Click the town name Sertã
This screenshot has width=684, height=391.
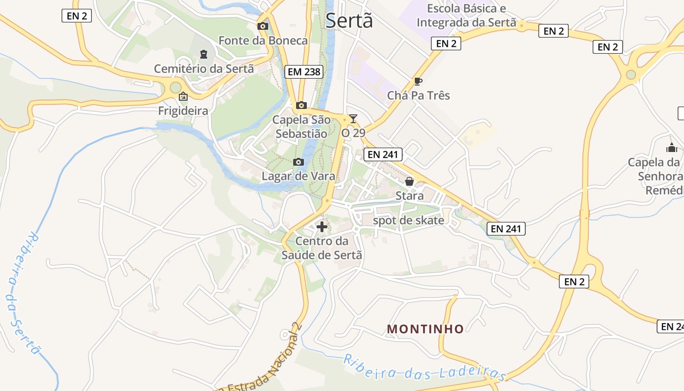(349, 21)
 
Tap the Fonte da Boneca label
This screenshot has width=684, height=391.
(263, 41)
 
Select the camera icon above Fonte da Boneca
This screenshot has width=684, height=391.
(263, 26)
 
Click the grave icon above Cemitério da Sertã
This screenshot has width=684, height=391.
(204, 54)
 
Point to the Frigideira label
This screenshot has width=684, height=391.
(183, 111)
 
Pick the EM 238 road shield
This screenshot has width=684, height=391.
(304, 72)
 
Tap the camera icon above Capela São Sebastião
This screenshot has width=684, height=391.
(301, 105)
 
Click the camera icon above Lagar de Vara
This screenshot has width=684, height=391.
(298, 162)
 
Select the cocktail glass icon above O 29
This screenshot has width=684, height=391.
(353, 119)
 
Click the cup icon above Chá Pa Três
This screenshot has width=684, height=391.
(418, 81)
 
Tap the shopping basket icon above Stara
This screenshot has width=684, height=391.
(409, 181)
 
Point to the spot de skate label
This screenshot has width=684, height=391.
(408, 220)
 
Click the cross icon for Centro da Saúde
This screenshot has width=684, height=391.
(322, 227)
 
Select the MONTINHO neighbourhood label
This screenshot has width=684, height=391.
(425, 329)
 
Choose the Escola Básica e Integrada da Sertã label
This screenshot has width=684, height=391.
(467, 16)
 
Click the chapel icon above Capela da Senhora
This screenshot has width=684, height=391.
(672, 147)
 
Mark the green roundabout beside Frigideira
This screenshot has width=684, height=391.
(175, 88)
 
